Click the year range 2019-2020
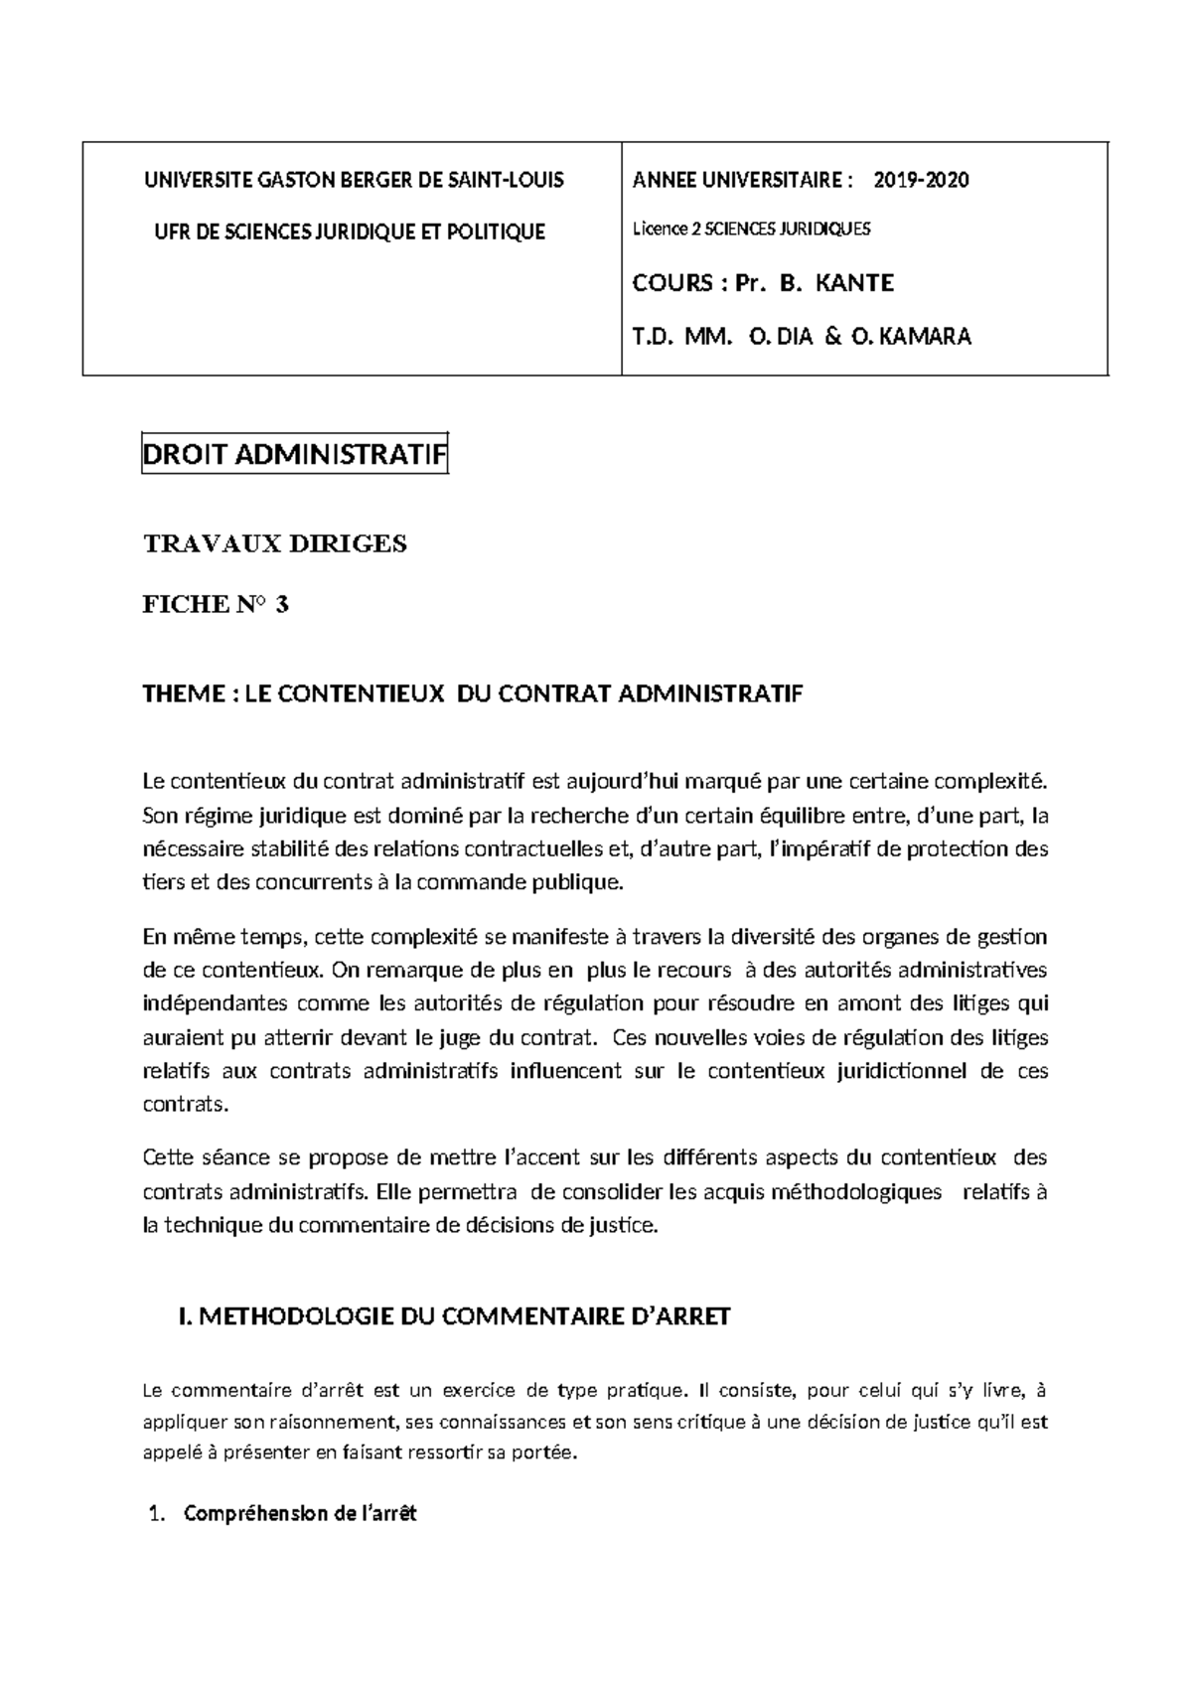(x=921, y=180)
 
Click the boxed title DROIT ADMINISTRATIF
(x=294, y=456)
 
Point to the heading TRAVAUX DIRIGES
(x=275, y=544)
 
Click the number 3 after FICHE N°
(x=282, y=604)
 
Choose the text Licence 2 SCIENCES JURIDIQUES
(x=751, y=230)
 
